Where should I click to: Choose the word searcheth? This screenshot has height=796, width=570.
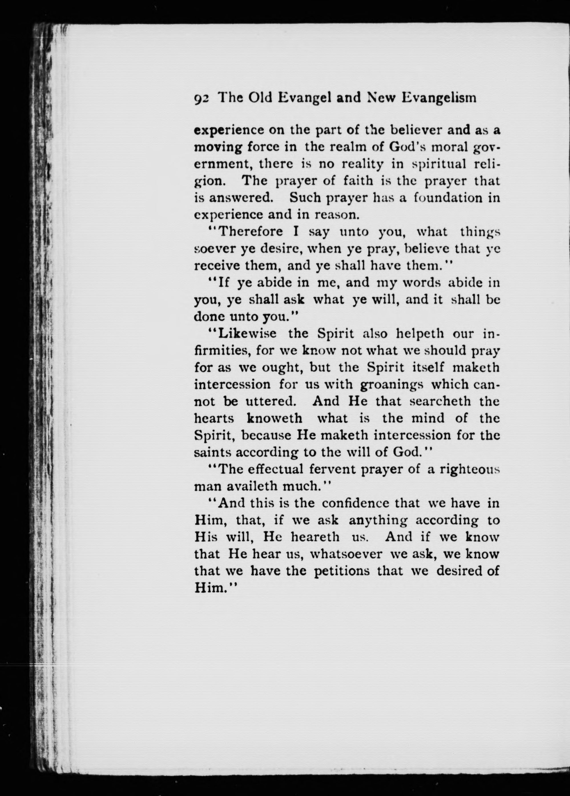[440, 401]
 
